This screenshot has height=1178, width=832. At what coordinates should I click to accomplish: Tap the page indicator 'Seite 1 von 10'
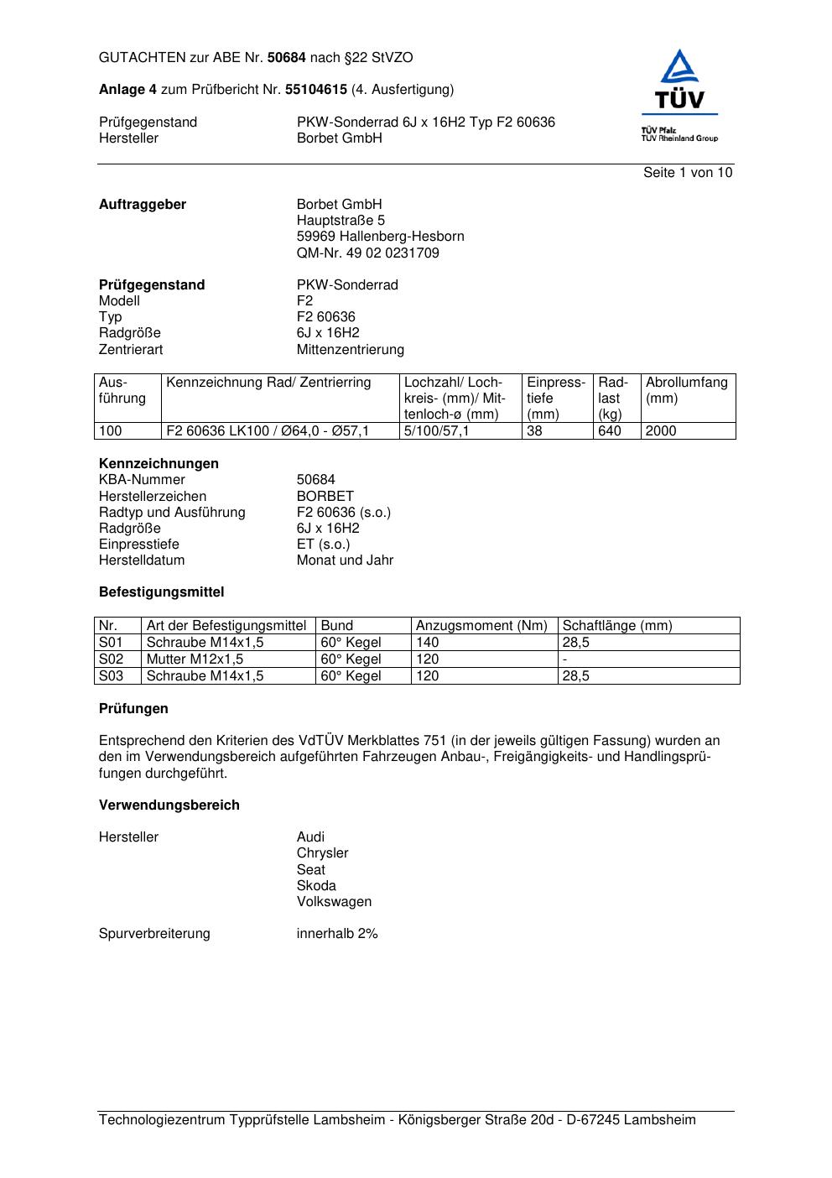[x=687, y=173]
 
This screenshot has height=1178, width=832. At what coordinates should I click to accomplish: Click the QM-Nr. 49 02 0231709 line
[x=367, y=253]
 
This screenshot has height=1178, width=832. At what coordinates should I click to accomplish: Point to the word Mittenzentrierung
[x=350, y=349]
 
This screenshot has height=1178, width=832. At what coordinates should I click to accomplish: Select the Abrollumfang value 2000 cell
[x=661, y=431]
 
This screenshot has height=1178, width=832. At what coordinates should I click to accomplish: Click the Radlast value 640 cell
[x=610, y=431]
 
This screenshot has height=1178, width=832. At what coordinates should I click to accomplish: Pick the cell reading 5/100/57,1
[x=437, y=431]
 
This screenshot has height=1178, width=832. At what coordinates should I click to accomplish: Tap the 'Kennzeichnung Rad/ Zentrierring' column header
[x=268, y=383]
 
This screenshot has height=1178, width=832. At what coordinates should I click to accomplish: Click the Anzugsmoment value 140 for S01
[x=428, y=643]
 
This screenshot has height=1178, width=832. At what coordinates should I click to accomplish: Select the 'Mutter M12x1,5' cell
[x=195, y=659]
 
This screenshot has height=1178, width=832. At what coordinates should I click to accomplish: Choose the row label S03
[x=111, y=676]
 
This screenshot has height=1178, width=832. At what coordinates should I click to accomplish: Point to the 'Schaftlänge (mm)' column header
[x=617, y=626]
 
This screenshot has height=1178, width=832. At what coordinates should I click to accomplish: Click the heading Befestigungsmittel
[x=161, y=592]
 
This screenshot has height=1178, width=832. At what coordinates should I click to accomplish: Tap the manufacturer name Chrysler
[x=322, y=853]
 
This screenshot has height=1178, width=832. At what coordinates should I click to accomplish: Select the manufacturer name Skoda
[x=316, y=886]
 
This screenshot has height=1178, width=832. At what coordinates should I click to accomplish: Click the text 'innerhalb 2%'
[x=337, y=934]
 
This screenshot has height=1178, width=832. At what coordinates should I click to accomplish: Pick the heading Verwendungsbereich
[x=169, y=805]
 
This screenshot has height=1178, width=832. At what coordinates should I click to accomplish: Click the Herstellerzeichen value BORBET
[x=325, y=496]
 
